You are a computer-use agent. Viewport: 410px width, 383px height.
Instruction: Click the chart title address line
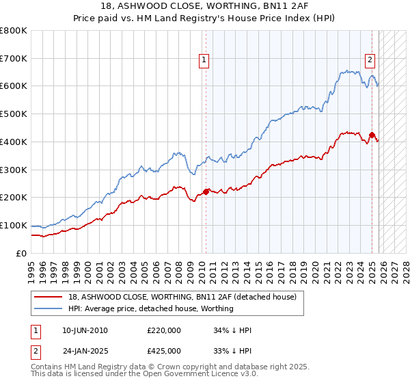coord(204,6)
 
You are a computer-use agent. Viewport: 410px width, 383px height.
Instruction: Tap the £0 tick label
coord(22,253)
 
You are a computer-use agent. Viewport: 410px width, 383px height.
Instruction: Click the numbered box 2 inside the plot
coord(370,60)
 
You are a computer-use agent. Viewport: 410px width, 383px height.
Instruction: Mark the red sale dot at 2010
coord(206,191)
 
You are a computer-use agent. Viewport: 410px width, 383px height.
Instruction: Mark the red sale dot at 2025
coord(372,135)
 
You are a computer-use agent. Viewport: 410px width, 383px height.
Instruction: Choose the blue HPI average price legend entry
coord(150,308)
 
